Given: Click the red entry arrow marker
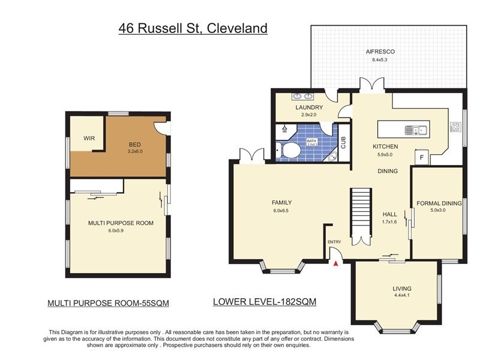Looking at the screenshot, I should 336,262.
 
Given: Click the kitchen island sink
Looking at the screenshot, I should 415,129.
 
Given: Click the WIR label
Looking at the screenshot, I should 89,139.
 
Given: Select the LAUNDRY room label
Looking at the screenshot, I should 309,107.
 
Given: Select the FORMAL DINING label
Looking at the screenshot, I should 439,203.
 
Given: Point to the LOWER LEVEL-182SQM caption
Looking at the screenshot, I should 264,302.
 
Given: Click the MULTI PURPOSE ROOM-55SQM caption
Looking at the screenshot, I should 108,304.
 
